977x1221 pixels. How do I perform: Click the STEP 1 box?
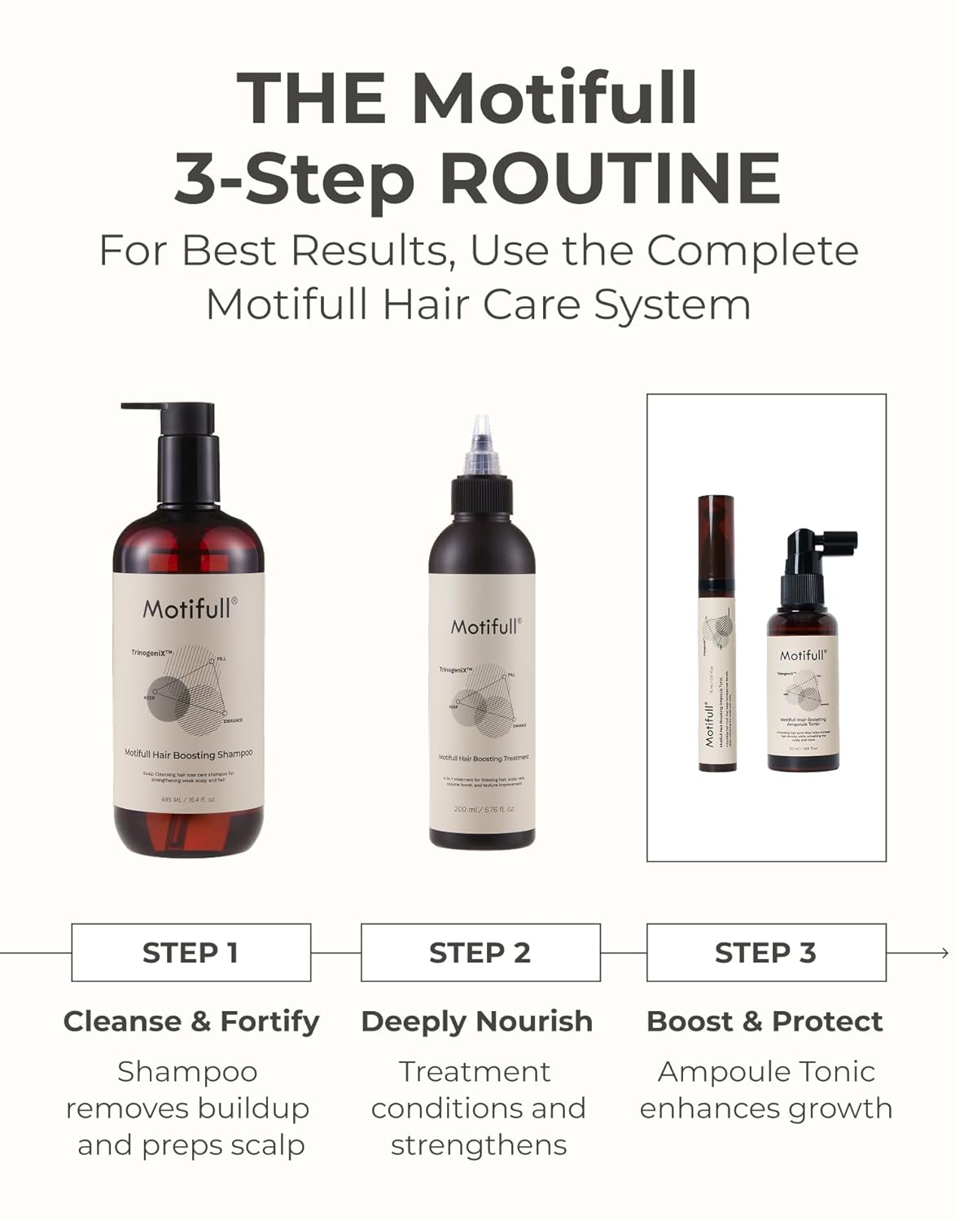point(191,952)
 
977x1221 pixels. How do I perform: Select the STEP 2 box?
point(480,952)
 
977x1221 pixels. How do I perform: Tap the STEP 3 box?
point(766,952)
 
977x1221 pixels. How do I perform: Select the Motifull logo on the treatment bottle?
point(486,626)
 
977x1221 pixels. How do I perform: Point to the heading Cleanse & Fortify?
point(191,1022)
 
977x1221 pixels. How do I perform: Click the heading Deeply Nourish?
point(477,1022)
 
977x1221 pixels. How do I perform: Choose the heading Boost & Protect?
point(765,1022)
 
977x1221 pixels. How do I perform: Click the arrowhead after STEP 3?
point(944,952)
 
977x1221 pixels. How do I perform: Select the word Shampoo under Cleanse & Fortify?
point(187,1072)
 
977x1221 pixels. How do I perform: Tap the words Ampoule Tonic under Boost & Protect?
point(766,1072)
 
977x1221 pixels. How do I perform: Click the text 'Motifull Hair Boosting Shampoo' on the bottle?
point(188,754)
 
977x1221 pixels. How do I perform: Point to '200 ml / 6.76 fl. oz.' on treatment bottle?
point(484,809)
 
